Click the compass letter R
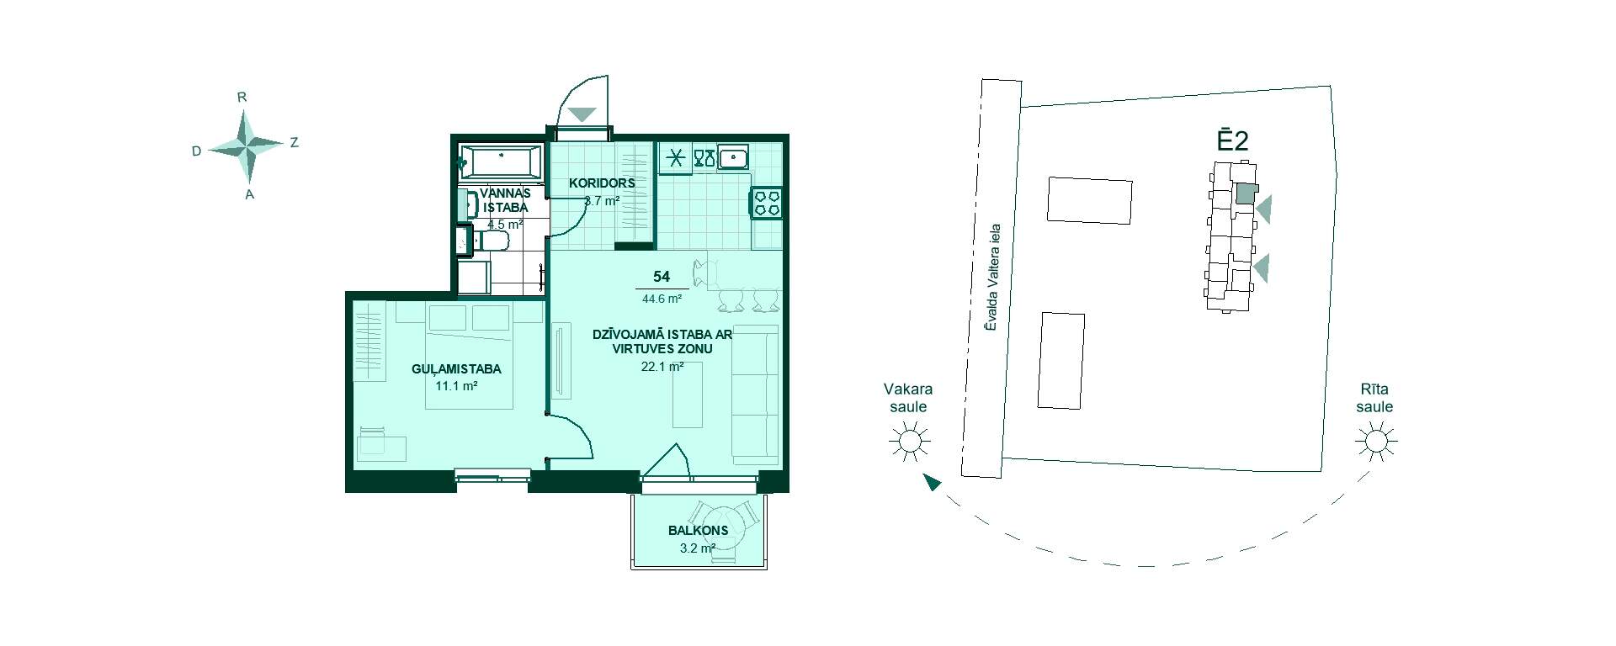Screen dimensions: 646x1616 click(242, 98)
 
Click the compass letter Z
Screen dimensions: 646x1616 click(294, 143)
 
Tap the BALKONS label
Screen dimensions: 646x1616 click(698, 531)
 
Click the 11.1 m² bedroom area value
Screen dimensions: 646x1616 click(456, 386)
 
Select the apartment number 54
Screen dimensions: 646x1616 click(662, 277)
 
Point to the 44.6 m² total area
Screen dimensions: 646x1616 click(662, 298)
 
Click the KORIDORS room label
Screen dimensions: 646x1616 click(602, 183)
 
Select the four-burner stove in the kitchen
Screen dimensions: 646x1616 click(767, 203)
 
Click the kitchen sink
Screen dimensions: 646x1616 click(734, 156)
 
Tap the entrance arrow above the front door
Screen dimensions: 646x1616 click(582, 114)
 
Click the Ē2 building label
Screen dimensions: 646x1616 click(1232, 140)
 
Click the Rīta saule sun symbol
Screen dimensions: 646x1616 click(1375, 441)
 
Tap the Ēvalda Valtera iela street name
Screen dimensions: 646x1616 click(993, 276)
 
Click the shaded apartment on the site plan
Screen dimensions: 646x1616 click(1244, 194)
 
